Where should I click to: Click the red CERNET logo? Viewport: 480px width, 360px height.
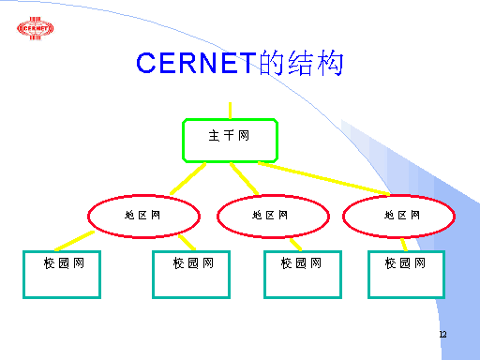pyautogui.click(x=35, y=28)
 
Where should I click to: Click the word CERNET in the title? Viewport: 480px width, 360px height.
pyautogui.click(x=196, y=63)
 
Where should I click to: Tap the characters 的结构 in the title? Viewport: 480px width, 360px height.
pyautogui.click(x=301, y=63)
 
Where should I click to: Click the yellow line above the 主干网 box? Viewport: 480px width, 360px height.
pyautogui.click(x=231, y=111)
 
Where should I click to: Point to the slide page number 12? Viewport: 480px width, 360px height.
pyautogui.click(x=442, y=334)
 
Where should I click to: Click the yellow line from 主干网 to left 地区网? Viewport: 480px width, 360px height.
pyautogui.click(x=187, y=178)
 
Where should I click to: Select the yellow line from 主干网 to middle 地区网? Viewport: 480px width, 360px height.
pyautogui.click(x=245, y=178)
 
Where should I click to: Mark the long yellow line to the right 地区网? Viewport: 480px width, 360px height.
pyautogui.click(x=323, y=178)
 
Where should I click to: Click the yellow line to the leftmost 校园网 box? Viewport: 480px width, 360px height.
pyautogui.click(x=74, y=241)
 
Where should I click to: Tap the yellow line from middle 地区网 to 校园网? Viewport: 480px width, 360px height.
pyautogui.click(x=295, y=245)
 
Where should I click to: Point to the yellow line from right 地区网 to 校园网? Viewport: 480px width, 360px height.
pyautogui.click(x=404, y=245)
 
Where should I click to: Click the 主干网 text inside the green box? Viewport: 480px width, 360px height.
pyautogui.click(x=229, y=136)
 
